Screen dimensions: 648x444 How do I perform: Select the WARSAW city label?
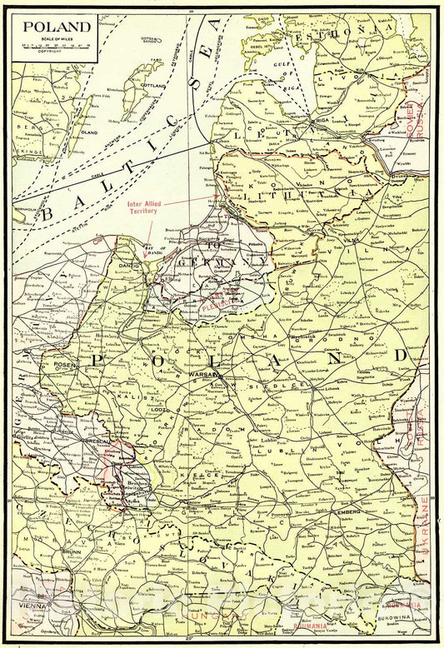click(202, 376)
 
